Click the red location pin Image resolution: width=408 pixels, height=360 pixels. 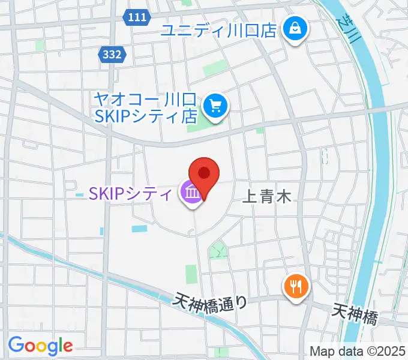click(x=203, y=175)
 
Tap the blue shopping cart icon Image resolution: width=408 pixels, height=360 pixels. click(x=215, y=106)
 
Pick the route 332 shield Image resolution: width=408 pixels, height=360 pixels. click(x=112, y=55)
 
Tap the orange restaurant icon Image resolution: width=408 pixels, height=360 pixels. click(x=295, y=286)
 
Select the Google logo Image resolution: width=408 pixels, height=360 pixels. click(x=40, y=345)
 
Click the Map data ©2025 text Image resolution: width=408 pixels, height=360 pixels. click(x=358, y=351)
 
